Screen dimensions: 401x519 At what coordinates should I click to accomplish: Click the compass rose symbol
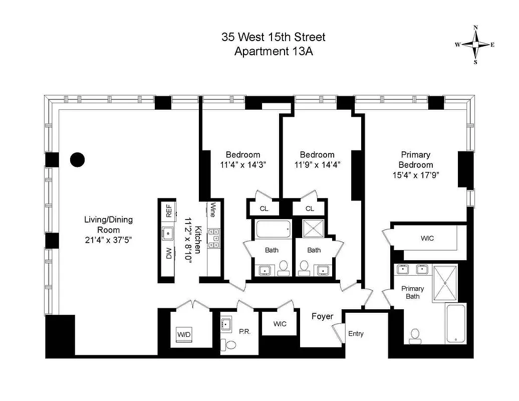[x=475, y=45]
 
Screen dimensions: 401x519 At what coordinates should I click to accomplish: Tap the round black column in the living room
[x=77, y=159]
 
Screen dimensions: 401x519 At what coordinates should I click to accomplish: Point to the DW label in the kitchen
[x=169, y=254]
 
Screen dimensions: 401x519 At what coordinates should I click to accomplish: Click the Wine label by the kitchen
[x=212, y=210]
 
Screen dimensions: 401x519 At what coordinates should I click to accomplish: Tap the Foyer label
[x=323, y=316]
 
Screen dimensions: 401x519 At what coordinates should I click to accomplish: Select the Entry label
[x=356, y=334]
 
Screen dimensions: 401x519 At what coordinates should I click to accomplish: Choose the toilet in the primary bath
[x=415, y=336]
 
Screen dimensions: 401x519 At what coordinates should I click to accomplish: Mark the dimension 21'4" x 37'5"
[x=108, y=240]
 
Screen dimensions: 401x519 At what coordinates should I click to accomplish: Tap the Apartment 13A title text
[x=274, y=51]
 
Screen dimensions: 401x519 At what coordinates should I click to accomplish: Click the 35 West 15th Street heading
[x=274, y=37]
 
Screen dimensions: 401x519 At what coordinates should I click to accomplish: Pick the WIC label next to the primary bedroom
[x=427, y=238]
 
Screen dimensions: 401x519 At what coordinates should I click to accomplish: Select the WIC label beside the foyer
[x=280, y=324]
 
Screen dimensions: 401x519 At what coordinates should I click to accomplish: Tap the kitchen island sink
[x=168, y=233]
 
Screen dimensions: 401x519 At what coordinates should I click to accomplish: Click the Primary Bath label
[x=413, y=292]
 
